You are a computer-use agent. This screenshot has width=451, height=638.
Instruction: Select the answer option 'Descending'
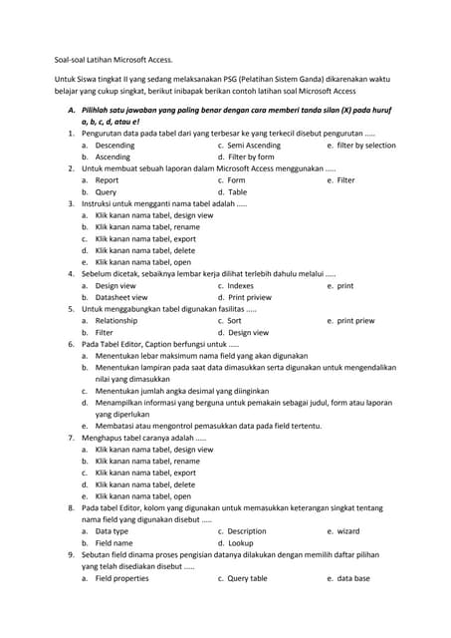(114, 145)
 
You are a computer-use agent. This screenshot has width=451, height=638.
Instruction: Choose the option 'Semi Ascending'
(254, 145)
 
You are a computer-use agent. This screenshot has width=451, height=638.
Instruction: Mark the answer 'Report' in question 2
(107, 180)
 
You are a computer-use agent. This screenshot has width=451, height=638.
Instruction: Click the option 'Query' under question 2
(106, 192)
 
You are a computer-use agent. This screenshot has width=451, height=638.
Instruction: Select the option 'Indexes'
(241, 285)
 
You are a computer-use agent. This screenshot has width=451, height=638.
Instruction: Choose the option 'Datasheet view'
(121, 297)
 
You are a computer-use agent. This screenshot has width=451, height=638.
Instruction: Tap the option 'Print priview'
(249, 297)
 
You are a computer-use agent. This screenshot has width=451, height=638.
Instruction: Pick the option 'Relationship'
(116, 321)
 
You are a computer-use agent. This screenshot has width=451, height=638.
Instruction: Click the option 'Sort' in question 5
(235, 321)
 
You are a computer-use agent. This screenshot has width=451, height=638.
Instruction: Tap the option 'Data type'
(112, 531)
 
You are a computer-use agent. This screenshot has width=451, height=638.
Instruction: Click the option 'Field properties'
(121, 578)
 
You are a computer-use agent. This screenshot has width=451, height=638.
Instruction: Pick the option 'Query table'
(248, 578)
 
